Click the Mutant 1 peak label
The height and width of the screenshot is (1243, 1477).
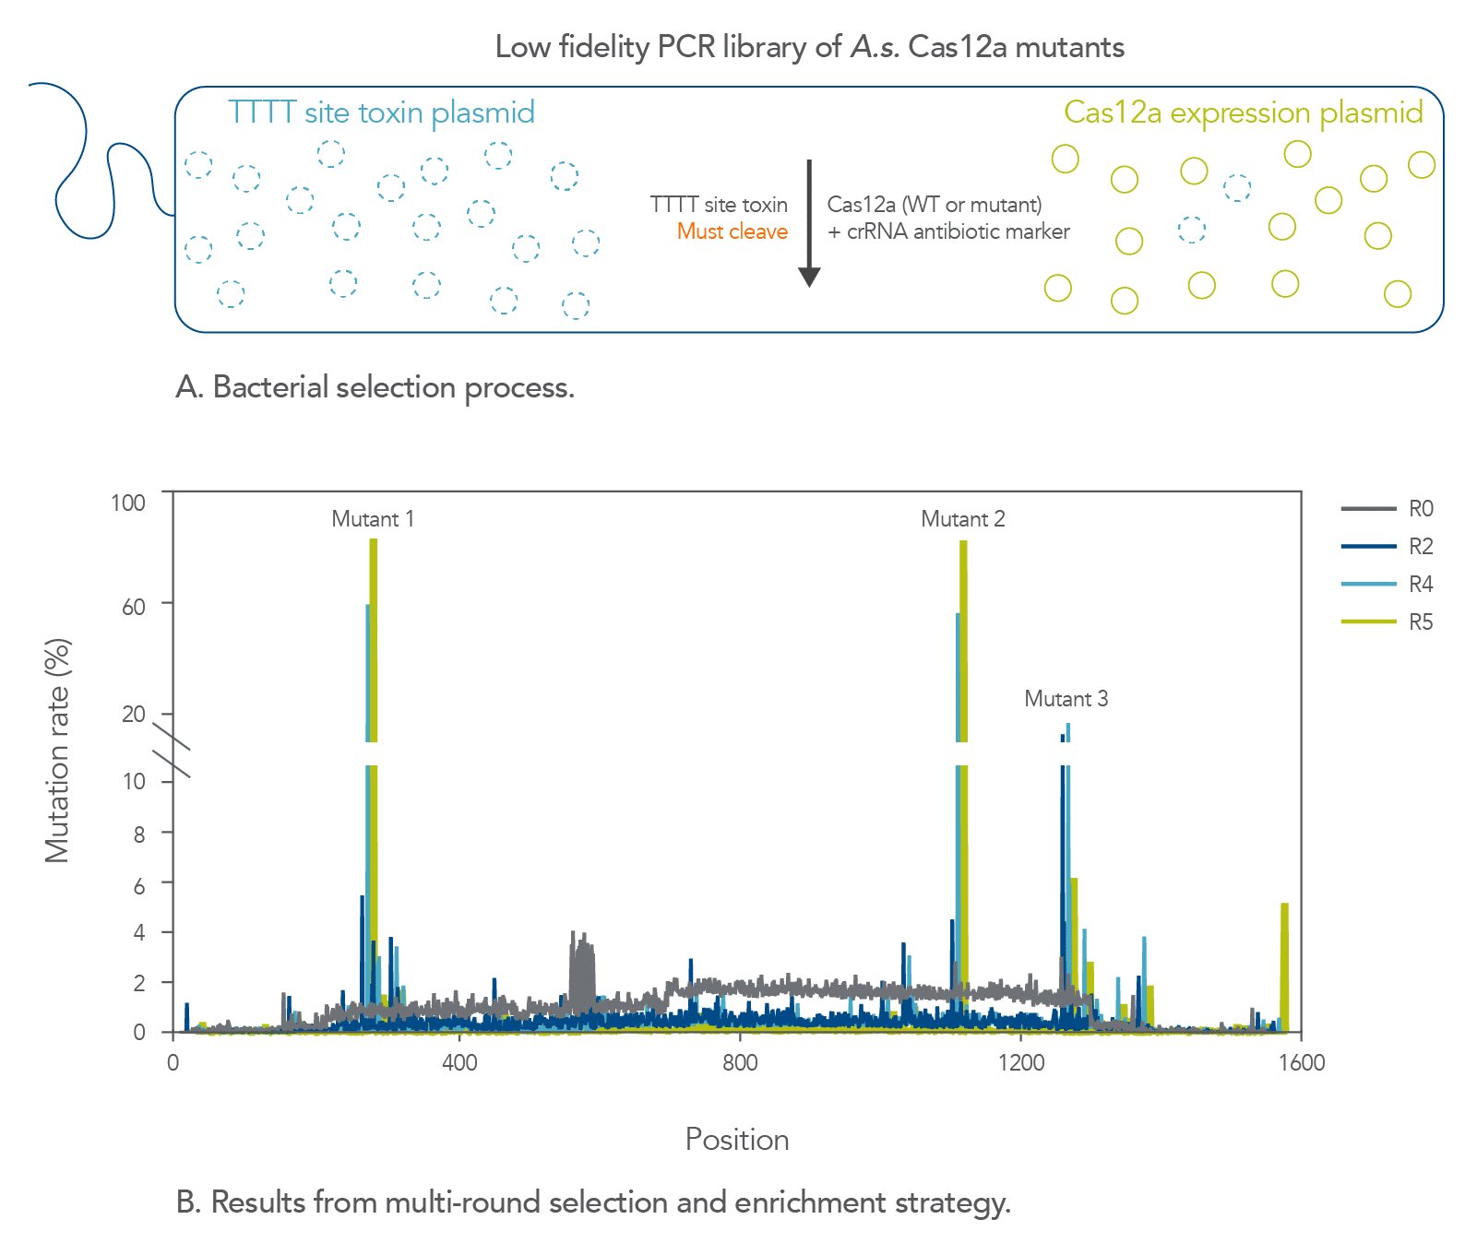coord(373,519)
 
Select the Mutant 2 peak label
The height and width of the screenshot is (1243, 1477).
coord(963,519)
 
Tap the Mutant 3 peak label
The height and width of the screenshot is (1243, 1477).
coord(1066,699)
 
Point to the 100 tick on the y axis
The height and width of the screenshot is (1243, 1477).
coord(128,503)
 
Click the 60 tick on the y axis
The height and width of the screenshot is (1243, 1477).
coord(134,606)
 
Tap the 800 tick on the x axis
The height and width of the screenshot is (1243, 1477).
coord(740,1063)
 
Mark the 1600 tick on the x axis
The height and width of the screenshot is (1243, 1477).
coord(1302,1063)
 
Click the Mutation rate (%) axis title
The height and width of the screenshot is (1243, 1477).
coord(58,751)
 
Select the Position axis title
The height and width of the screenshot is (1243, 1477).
coord(737,1140)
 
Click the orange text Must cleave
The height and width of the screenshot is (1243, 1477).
coord(732,231)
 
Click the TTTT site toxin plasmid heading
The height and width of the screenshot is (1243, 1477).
coord(381,112)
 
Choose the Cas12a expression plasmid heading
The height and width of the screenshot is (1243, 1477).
coord(1243,112)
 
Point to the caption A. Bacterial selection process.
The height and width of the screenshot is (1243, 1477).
coord(375,387)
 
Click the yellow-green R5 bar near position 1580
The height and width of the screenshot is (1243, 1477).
coord(1284,968)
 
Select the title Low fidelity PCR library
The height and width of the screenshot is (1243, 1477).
coord(809,47)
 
